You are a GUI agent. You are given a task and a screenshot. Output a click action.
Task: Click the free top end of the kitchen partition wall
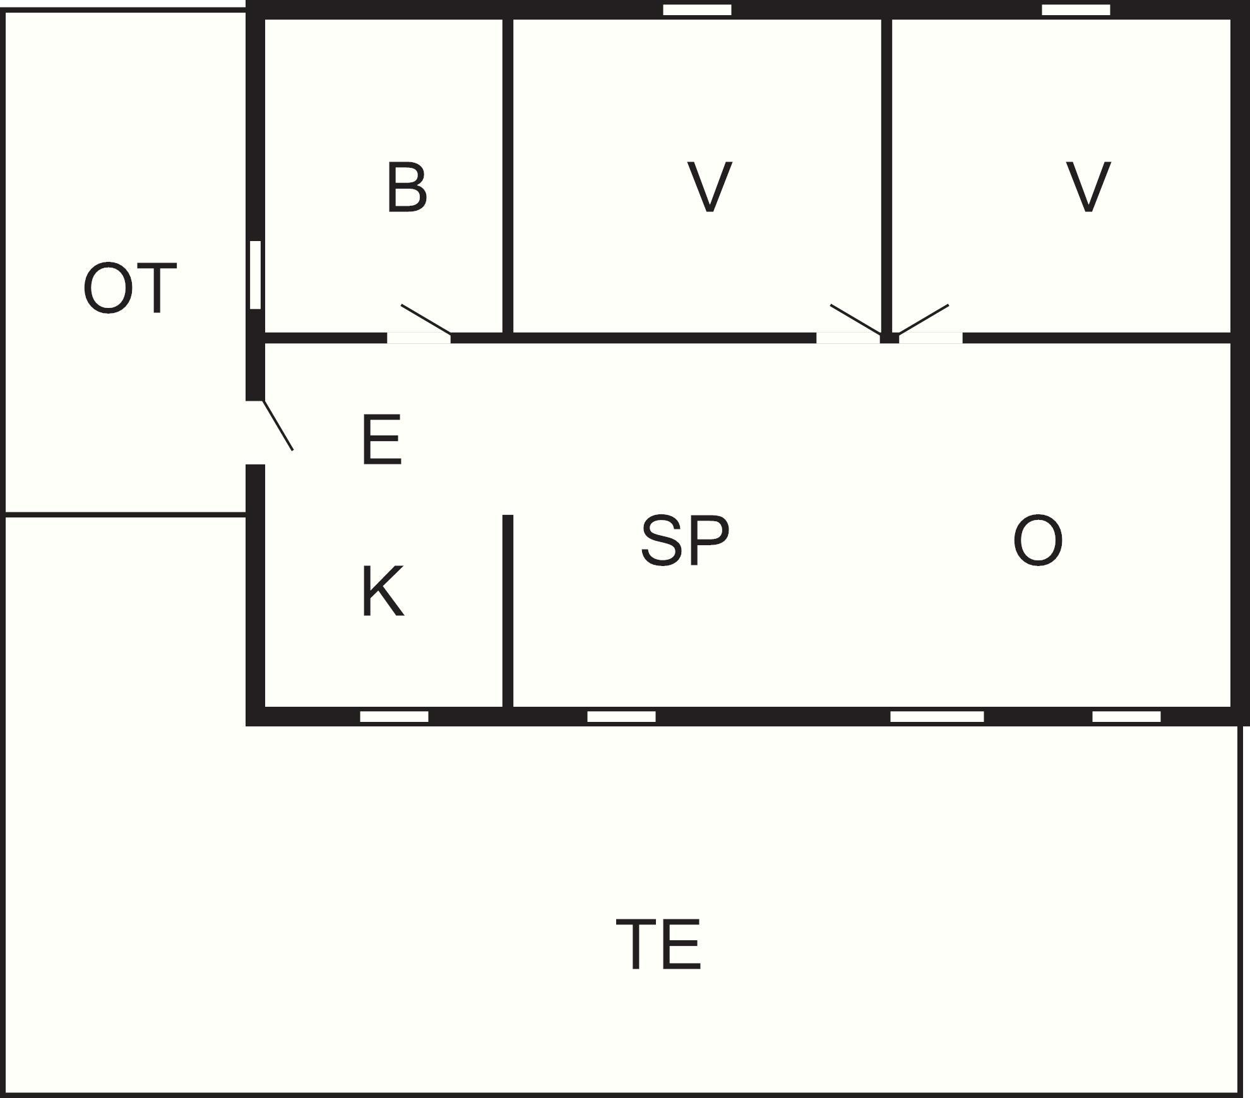508,516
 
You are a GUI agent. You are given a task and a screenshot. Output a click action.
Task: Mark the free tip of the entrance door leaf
292,450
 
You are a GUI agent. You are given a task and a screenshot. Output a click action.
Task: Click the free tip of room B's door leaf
402,305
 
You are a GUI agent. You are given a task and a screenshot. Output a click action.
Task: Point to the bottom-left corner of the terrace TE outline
3,1095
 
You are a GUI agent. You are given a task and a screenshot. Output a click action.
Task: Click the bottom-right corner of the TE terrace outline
1240,1095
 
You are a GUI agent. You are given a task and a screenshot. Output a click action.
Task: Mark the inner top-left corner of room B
265,20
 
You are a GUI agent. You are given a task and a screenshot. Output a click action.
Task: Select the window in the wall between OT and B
255,275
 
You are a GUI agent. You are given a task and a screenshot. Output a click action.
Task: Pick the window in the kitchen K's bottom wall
394,716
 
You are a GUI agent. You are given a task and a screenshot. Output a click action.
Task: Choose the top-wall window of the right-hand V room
1076,10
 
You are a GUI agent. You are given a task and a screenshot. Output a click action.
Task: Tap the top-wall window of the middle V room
697,10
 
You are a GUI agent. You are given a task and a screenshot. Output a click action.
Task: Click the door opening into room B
419,338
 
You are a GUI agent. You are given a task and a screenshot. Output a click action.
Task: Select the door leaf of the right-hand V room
923,320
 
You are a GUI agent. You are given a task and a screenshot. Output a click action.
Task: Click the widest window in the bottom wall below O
937,716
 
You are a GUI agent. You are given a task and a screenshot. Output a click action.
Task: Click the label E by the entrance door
382,440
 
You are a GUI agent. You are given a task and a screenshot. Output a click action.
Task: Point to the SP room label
685,540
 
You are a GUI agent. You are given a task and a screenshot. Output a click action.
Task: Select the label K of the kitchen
383,591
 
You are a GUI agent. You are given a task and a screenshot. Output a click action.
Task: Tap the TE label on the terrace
658,945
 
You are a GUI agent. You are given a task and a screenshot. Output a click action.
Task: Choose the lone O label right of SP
1038,540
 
